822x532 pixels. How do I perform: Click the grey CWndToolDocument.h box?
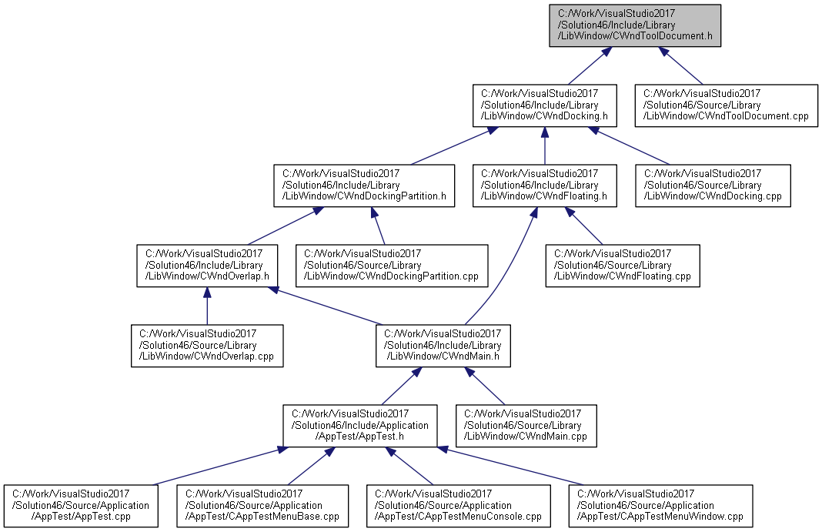pos(635,25)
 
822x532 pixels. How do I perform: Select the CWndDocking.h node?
pos(545,105)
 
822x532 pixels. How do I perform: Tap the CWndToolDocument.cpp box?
pos(726,105)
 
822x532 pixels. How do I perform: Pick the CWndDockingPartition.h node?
pos(364,186)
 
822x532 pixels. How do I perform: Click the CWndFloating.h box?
pos(545,186)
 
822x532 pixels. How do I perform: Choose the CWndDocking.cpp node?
pos(713,186)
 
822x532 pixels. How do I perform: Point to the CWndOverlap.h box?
pos(207,266)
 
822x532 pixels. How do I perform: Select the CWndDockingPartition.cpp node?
pos(392,266)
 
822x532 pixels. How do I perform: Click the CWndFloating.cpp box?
pos(623,266)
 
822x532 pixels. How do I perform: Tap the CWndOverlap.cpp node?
pos(207,346)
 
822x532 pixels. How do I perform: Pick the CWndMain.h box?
pos(443,346)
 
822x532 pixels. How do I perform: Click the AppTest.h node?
pos(360,426)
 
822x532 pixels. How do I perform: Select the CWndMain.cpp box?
pos(526,426)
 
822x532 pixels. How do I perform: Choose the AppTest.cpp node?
pos(82,506)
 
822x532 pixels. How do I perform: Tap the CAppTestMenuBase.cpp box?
pos(262,506)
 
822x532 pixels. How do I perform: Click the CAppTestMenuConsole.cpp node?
pos(459,506)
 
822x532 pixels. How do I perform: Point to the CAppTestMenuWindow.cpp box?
pos(660,506)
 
